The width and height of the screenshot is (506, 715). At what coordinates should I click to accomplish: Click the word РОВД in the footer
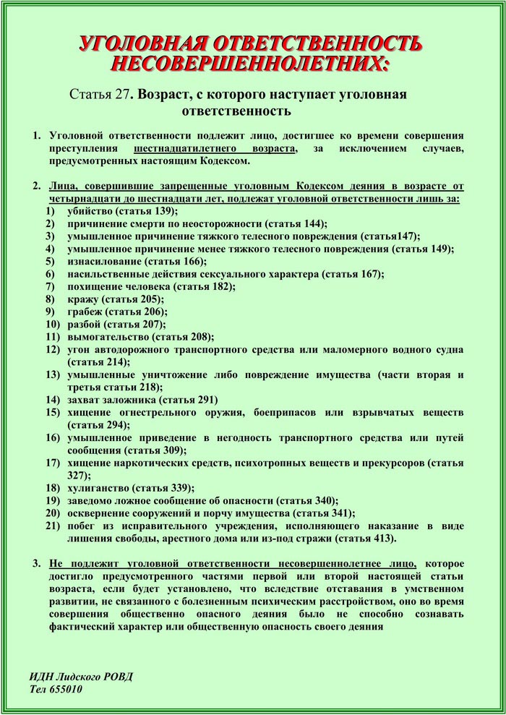[116, 677]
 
